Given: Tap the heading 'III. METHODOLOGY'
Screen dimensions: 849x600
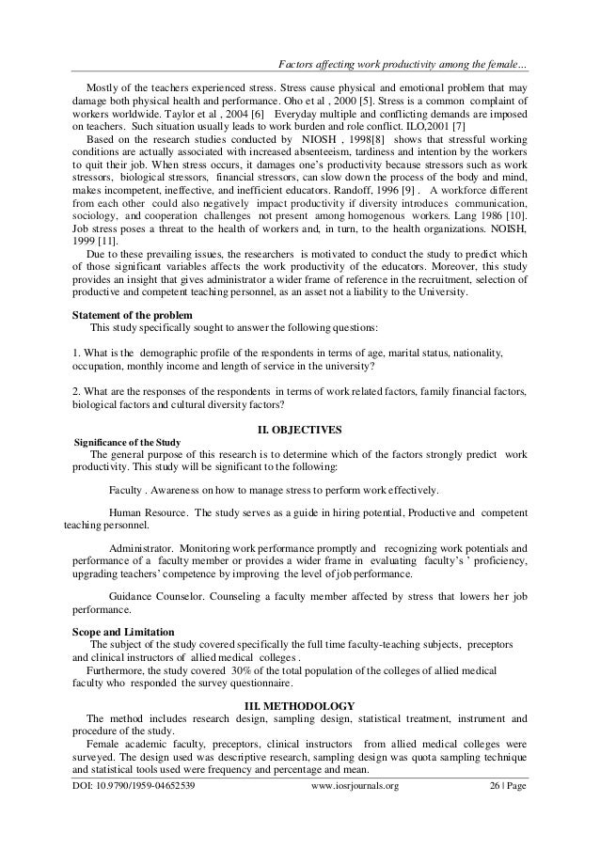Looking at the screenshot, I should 299,705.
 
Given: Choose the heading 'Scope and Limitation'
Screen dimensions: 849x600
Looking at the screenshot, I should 122,630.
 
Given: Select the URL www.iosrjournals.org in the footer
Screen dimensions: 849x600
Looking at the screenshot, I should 354,785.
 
